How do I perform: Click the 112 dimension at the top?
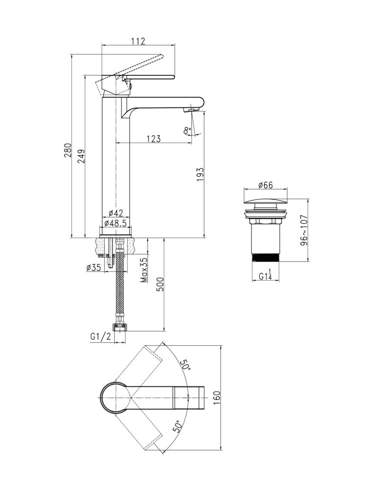[138, 41]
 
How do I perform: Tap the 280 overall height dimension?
[67, 150]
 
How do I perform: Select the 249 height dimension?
[81, 156]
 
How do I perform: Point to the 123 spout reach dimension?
[154, 138]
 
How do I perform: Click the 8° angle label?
[187, 131]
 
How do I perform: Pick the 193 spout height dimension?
[200, 175]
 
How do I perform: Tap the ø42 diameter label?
[115, 213]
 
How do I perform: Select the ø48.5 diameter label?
[115, 223]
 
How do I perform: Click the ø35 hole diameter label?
[93, 267]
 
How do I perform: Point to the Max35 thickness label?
[144, 270]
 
